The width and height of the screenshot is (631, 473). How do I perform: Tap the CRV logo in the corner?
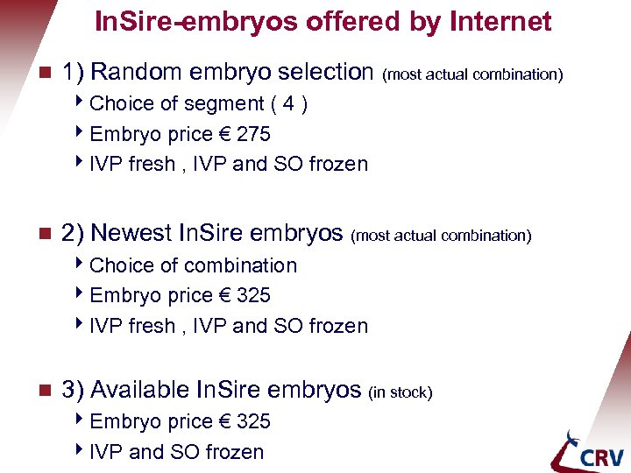pyautogui.click(x=588, y=451)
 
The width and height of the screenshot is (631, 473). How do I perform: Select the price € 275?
pyautogui.click(x=242, y=134)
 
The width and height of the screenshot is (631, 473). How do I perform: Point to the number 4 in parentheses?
pyautogui.click(x=288, y=103)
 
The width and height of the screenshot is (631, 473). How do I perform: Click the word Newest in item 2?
pyautogui.click(x=131, y=233)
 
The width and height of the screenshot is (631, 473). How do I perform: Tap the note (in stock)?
pyautogui.click(x=401, y=392)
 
